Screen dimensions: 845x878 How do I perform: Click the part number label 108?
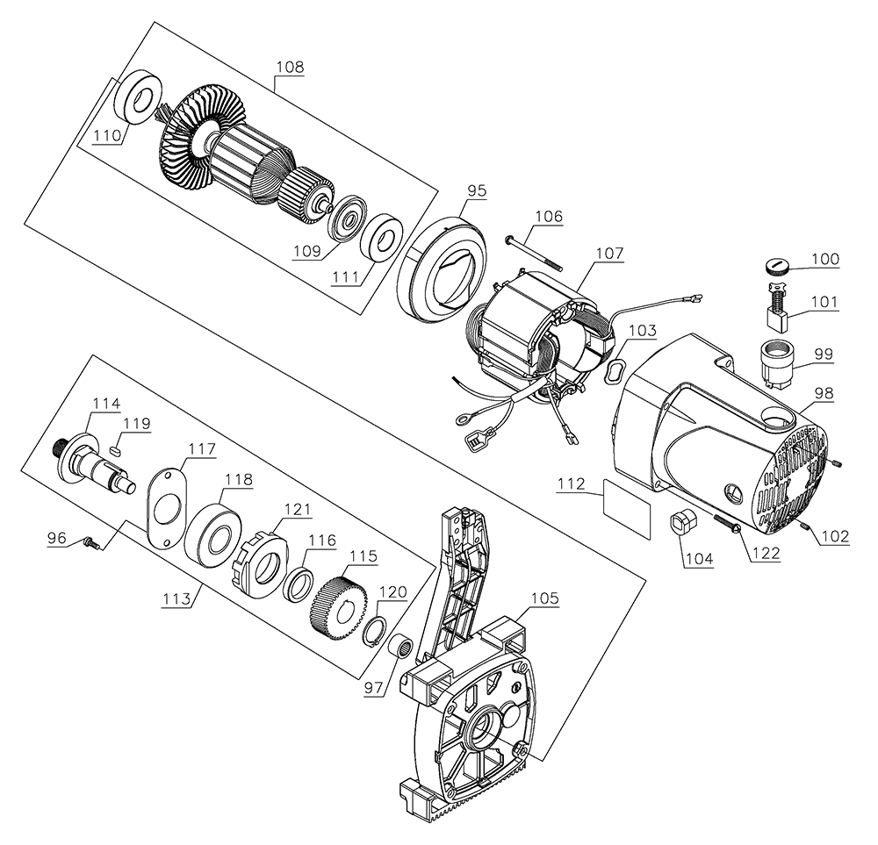tap(290, 67)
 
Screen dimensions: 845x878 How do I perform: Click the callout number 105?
tap(543, 599)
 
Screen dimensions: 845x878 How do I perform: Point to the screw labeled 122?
tap(717, 519)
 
